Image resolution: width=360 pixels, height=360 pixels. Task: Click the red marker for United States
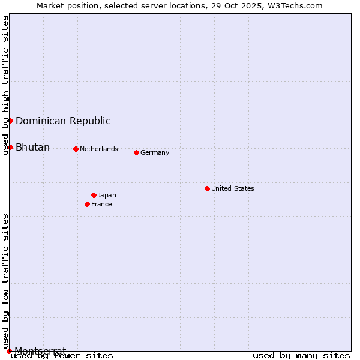[x=207, y=188]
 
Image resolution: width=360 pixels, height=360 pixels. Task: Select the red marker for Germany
[x=136, y=152]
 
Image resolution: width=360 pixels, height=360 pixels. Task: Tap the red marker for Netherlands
[x=76, y=149]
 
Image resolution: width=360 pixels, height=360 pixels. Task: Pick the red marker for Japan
[x=94, y=195]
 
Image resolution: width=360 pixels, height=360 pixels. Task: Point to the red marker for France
[x=87, y=204]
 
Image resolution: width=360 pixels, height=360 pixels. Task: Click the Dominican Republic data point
[x=10, y=121]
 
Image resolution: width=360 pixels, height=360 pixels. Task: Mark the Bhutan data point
[x=10, y=147]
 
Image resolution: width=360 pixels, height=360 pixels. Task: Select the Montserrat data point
[x=9, y=351]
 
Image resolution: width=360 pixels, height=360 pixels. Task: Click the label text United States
[x=233, y=188]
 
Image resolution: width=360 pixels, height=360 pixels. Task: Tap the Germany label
[x=155, y=152]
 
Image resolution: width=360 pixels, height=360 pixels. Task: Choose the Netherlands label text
[x=99, y=149]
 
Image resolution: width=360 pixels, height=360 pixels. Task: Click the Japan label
[x=107, y=195]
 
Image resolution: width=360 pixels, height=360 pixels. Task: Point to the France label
[x=101, y=204]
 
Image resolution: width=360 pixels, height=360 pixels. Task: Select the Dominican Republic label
[x=63, y=121]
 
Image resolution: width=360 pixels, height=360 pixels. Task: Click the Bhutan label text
[x=32, y=147]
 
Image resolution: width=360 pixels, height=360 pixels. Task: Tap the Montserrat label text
[x=40, y=350]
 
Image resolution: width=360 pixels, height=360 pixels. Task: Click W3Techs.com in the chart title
[x=295, y=5]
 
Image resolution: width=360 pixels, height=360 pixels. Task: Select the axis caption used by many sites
[x=301, y=356]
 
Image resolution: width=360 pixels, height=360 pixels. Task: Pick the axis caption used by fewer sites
[x=62, y=356]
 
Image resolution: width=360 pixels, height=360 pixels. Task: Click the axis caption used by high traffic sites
[x=5, y=85]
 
